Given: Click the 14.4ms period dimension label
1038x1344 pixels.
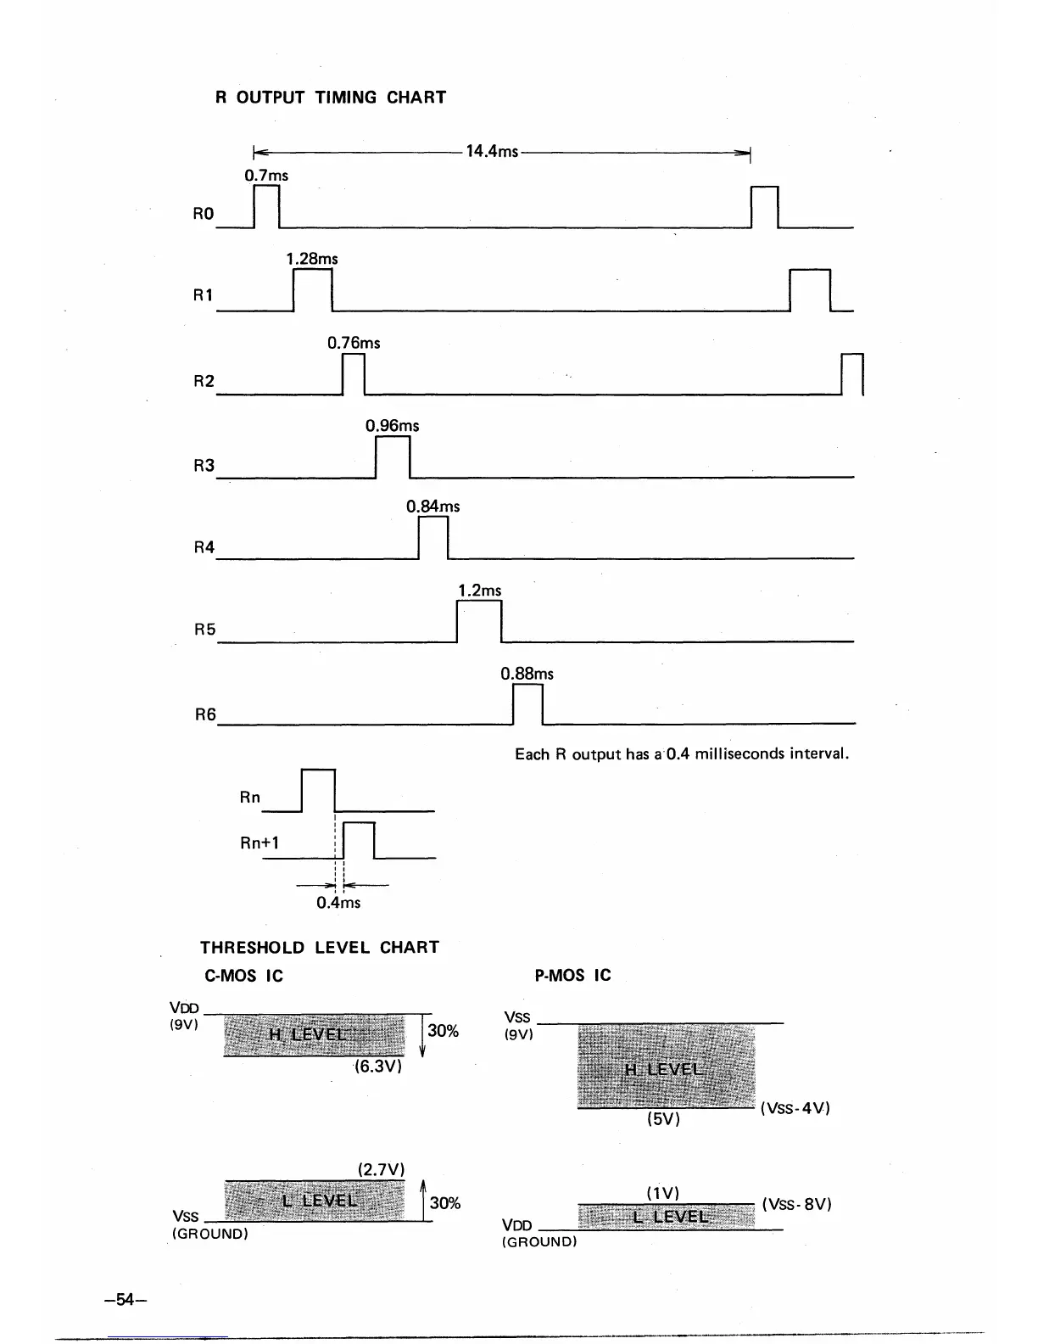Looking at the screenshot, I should pyautogui.click(x=492, y=152).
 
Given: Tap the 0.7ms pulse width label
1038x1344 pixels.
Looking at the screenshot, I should pyautogui.click(x=266, y=176).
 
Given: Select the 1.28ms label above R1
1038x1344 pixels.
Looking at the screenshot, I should pyautogui.click(x=312, y=259).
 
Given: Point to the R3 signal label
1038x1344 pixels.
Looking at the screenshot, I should pyautogui.click(x=204, y=465).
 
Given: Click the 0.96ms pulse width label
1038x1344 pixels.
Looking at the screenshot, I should pyautogui.click(x=392, y=426).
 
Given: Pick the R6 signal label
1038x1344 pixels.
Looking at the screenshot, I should pyautogui.click(x=205, y=715).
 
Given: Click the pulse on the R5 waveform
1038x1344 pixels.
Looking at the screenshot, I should pyautogui.click(x=479, y=621).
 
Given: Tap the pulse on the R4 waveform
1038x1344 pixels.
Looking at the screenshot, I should pyautogui.click(x=433, y=538).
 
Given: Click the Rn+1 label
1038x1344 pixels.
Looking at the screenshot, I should pyautogui.click(x=259, y=843).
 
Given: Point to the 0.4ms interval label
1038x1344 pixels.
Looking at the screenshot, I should pyautogui.click(x=338, y=903).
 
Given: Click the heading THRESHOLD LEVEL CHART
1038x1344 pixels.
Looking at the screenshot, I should pyautogui.click(x=320, y=948).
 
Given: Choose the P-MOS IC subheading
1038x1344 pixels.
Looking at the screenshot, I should pyautogui.click(x=572, y=976).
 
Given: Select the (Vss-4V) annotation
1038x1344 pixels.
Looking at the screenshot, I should pyautogui.click(x=795, y=1108).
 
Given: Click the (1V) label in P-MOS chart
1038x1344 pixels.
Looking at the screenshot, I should pyautogui.click(x=662, y=1193).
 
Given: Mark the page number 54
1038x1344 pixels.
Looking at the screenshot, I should pyautogui.click(x=126, y=1299).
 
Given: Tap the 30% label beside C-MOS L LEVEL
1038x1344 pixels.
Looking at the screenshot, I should pyautogui.click(x=445, y=1203).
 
